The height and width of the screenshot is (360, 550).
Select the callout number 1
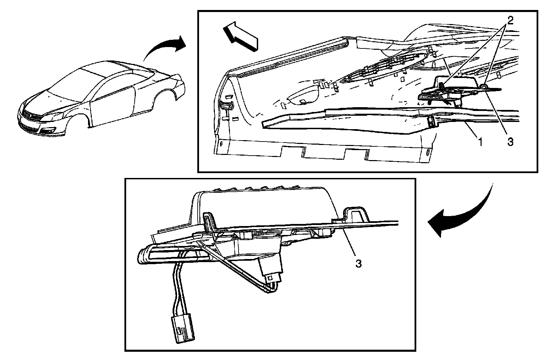click(480, 142)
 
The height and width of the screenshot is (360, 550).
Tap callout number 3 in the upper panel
click(510, 142)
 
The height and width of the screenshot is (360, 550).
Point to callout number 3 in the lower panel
click(359, 263)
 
